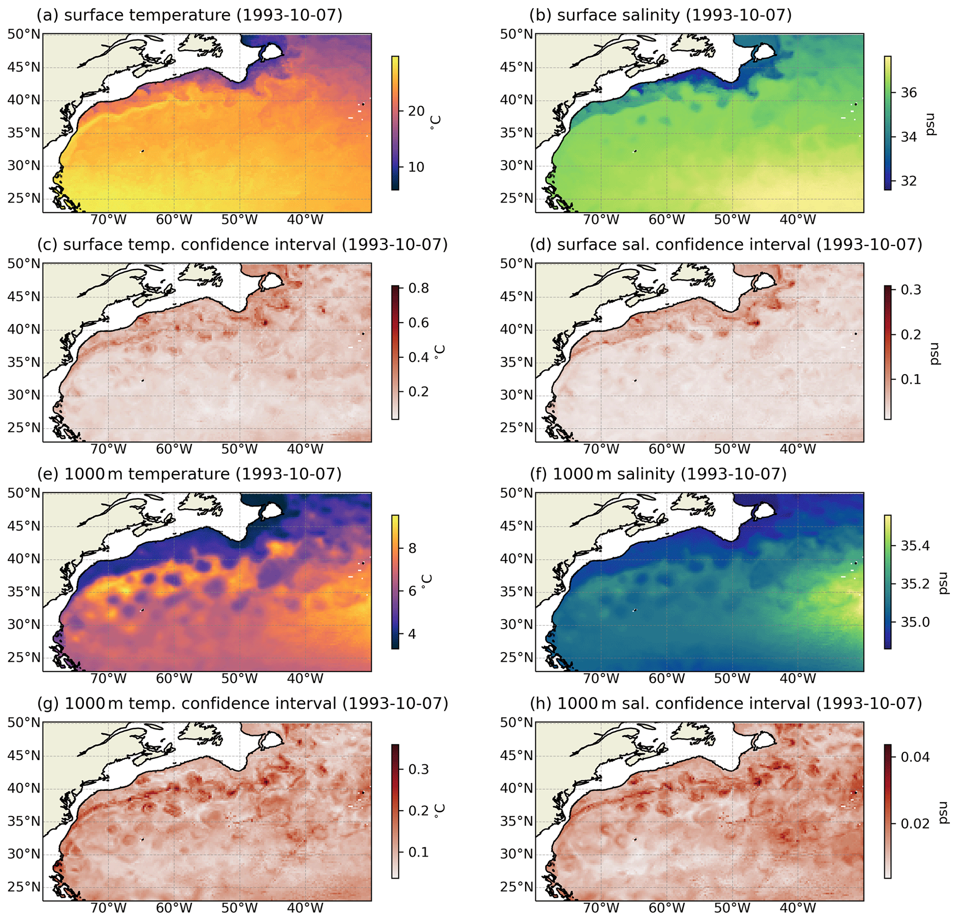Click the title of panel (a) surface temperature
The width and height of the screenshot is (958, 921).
tap(190, 15)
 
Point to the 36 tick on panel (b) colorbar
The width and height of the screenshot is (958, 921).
tap(908, 92)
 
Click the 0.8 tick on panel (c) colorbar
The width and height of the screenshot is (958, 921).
tap(419, 288)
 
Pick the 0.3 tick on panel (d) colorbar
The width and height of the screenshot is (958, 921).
tap(911, 289)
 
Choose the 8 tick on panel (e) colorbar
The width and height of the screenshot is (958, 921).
tap(412, 548)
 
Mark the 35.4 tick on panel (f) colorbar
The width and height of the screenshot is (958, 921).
tap(915, 546)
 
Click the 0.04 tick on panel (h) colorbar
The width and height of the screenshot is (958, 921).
tap(915, 757)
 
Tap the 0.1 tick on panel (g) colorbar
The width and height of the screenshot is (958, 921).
tap(419, 852)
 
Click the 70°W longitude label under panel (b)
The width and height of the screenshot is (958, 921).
tap(601, 220)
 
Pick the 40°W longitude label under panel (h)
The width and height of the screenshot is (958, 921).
tap(798, 908)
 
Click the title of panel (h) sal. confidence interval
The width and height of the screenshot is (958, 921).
tap(726, 703)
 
